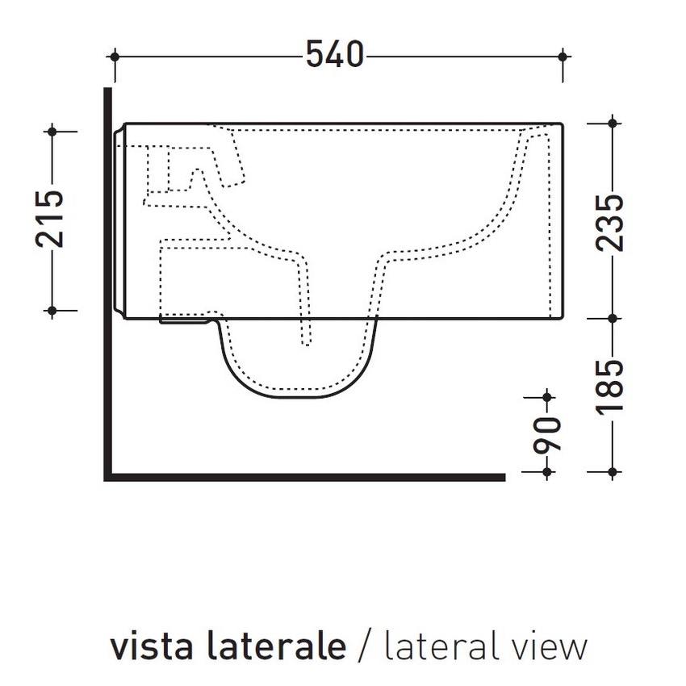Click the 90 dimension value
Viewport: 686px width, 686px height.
point(548,434)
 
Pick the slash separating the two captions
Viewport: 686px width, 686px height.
point(366,646)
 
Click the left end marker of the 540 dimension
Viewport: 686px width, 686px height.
point(115,56)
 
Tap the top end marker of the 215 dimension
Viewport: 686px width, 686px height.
point(52,130)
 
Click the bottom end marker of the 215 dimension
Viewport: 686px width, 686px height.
point(52,310)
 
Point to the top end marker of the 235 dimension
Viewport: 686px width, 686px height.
point(613,123)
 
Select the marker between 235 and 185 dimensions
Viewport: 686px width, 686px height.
point(613,317)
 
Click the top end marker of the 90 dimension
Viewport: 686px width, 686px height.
point(548,396)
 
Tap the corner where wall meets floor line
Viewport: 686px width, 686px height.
point(108,477)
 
